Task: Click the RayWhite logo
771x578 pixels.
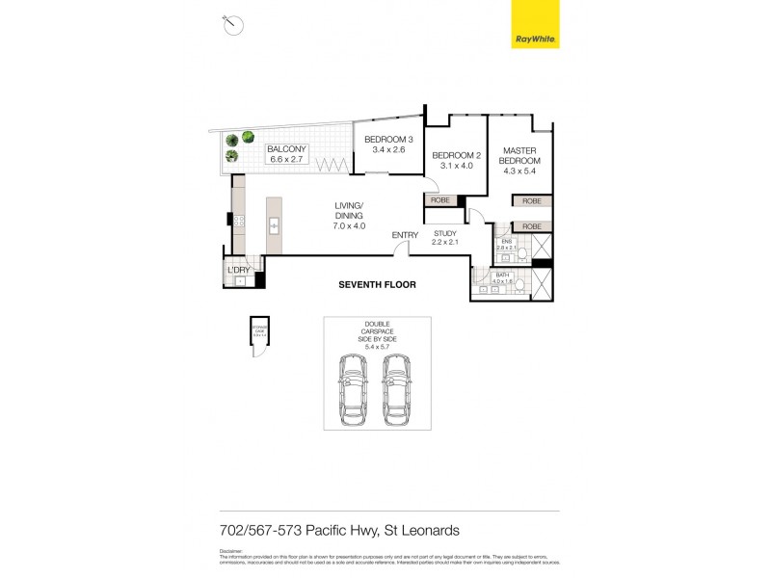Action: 533,26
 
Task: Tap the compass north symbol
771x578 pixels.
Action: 232,25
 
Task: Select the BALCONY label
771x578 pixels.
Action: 286,149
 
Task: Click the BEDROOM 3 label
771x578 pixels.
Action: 388,141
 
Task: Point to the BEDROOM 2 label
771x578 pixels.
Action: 455,155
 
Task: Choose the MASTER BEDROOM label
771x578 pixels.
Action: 520,155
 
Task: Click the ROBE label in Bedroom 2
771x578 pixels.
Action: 439,199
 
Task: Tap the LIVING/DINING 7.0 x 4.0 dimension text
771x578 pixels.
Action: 349,225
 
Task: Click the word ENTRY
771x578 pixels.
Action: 405,235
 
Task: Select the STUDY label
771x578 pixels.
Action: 444,233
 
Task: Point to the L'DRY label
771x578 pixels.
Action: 238,270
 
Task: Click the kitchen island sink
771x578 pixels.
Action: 274,226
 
